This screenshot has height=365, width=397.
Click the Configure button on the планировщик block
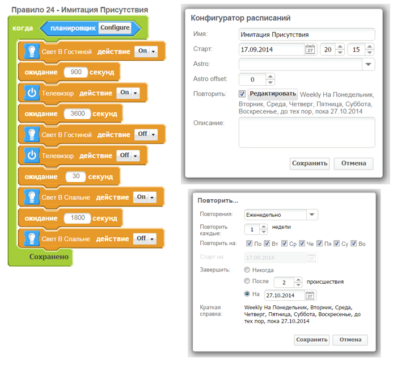click(115, 28)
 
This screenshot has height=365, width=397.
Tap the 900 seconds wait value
click(76, 72)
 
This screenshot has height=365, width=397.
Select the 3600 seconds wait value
click(78, 114)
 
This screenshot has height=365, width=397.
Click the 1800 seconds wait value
click(78, 218)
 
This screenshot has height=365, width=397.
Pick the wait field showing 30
click(75, 177)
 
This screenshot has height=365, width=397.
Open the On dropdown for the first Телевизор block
click(128, 93)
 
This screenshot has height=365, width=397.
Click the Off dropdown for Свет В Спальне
click(145, 239)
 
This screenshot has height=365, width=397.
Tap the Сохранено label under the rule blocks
click(49, 257)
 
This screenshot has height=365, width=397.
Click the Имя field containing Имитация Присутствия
click(307, 35)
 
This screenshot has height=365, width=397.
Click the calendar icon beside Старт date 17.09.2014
click(310, 49)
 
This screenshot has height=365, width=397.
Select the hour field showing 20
click(328, 49)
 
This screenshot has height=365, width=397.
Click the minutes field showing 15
click(356, 49)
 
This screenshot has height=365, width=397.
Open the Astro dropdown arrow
click(369, 64)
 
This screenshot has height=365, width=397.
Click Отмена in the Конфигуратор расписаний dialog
click(353, 163)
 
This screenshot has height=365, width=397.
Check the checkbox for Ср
click(284, 244)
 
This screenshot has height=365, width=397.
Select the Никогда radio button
click(247, 270)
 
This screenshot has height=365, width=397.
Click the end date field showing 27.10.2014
click(284, 295)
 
